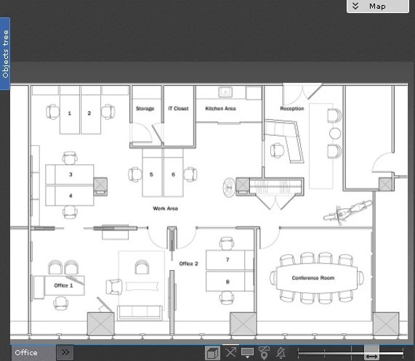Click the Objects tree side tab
click(x=5, y=54)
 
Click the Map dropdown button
click(x=378, y=6)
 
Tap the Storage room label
click(x=145, y=108)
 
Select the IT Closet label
click(x=178, y=108)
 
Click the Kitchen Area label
click(x=220, y=108)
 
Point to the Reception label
click(x=292, y=108)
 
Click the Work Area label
click(x=165, y=208)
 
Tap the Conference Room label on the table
click(x=313, y=277)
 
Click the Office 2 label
click(x=188, y=264)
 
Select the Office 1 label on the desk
click(x=63, y=285)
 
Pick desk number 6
click(x=174, y=174)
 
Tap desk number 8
click(x=227, y=282)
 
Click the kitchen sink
click(x=225, y=92)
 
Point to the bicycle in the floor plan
click(x=348, y=212)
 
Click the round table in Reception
click(x=335, y=134)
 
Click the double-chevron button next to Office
click(x=65, y=352)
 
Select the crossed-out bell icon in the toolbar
click(x=281, y=353)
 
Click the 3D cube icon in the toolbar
click(x=212, y=353)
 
